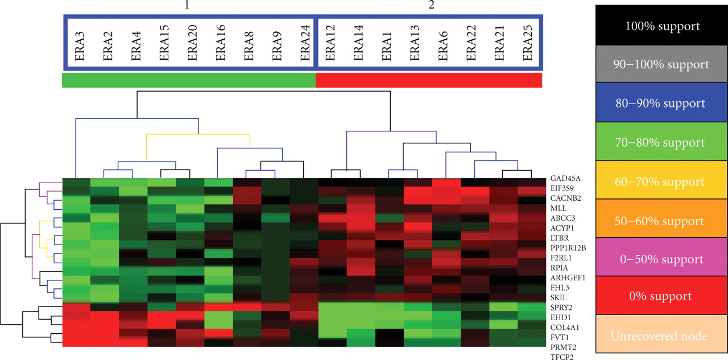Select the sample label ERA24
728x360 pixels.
pyautogui.click(x=304, y=45)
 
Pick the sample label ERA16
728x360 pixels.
pyautogui.click(x=220, y=45)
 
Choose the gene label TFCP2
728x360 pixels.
pyautogui.click(x=561, y=357)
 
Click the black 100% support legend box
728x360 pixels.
pyautogui.click(x=661, y=26)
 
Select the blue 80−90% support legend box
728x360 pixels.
pyautogui.click(x=661, y=104)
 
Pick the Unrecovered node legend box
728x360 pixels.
pyautogui.click(x=661, y=336)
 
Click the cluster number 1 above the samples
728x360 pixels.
pyautogui.click(x=186, y=5)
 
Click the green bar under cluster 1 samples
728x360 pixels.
pyautogui.click(x=188, y=80)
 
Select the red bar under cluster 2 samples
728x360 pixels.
pyautogui.click(x=428, y=80)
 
